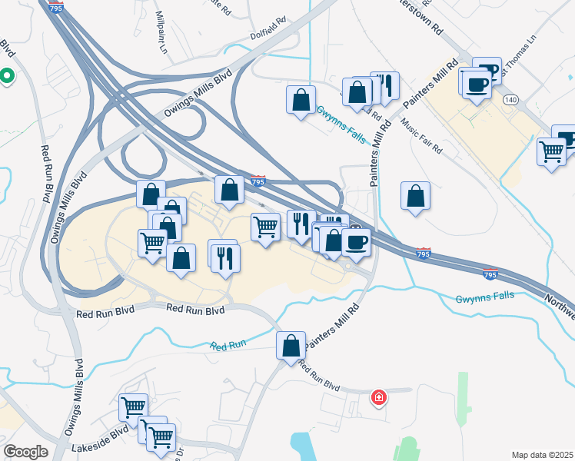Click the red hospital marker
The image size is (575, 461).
tap(379, 397)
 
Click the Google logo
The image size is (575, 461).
tap(25, 452)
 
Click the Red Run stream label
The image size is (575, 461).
tap(228, 345)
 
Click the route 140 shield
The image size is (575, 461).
tap(510, 100)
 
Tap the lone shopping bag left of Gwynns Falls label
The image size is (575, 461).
tap(301, 99)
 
